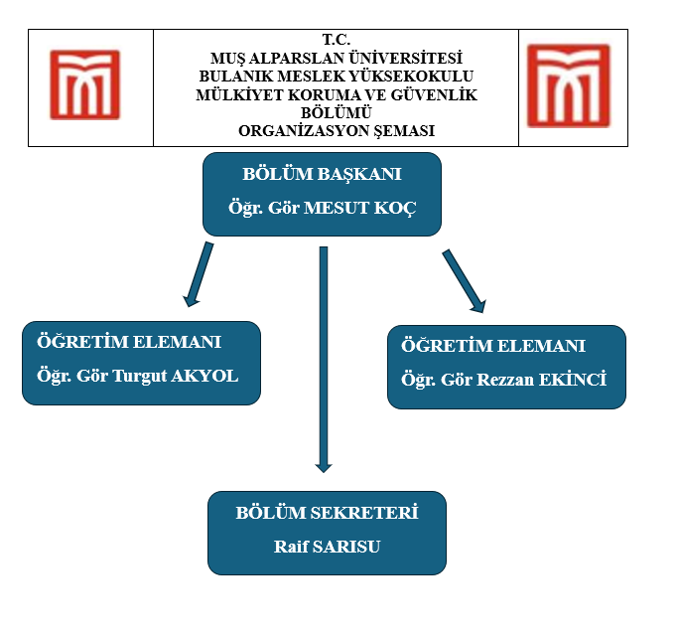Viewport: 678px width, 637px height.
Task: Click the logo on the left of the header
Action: pyautogui.click(x=85, y=84)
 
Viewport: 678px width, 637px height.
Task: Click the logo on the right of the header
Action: pyautogui.click(x=568, y=84)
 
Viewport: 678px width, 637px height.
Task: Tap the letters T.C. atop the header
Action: pyautogui.click(x=336, y=39)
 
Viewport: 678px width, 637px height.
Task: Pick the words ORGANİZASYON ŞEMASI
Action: pyautogui.click(x=337, y=130)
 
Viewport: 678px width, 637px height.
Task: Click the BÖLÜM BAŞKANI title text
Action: pyautogui.click(x=322, y=174)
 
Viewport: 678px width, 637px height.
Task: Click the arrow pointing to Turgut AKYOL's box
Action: pyautogui.click(x=199, y=273)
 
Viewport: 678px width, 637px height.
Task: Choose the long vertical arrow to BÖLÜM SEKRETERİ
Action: pyautogui.click(x=323, y=358)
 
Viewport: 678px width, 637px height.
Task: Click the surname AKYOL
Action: pyautogui.click(x=206, y=377)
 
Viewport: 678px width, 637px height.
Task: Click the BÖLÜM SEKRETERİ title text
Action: pyautogui.click(x=327, y=513)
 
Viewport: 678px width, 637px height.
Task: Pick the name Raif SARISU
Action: pyautogui.click(x=327, y=547)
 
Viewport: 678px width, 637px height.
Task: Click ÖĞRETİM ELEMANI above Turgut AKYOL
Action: pyautogui.click(x=129, y=343)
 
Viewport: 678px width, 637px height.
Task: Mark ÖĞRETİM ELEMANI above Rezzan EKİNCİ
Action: pyautogui.click(x=493, y=346)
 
